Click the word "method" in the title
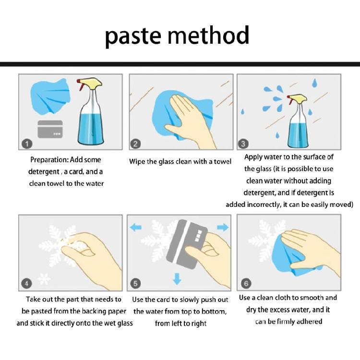[208, 35]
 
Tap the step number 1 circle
[27, 144]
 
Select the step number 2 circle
[135, 144]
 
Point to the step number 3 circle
[243, 144]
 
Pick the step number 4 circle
[26, 284]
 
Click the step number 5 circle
[135, 284]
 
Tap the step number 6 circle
[246, 283]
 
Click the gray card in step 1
[50, 129]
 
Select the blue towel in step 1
[50, 96]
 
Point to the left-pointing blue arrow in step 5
[136, 228]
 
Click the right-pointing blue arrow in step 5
[223, 228]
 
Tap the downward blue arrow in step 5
[177, 278]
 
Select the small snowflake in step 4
[44, 279]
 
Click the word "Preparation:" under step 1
[49, 160]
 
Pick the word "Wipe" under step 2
[137, 162]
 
